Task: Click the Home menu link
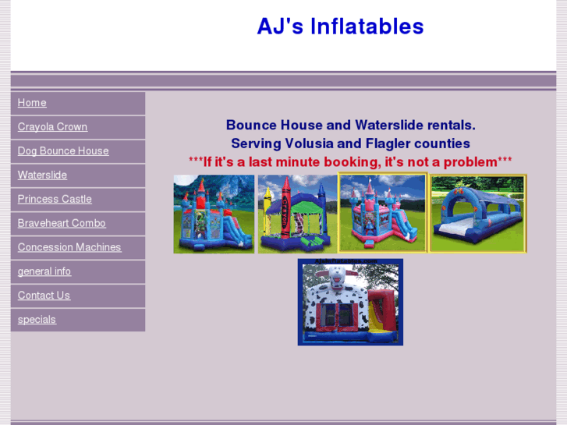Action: (32, 103)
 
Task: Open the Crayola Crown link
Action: (52, 127)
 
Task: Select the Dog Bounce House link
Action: (63, 151)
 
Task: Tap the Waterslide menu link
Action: (42, 175)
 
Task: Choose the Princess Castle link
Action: (55, 200)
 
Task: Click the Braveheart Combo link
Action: (62, 223)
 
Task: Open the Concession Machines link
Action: (69, 247)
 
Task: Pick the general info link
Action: (44, 271)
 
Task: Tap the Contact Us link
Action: (44, 296)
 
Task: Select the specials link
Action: (37, 320)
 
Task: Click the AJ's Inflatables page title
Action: (340, 27)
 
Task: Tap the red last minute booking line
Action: (350, 162)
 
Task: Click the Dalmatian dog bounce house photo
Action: (350, 303)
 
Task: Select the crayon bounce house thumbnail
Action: (297, 214)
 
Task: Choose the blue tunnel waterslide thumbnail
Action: (478, 214)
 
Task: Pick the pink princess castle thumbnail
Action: (383, 213)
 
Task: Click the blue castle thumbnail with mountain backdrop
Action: (214, 214)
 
